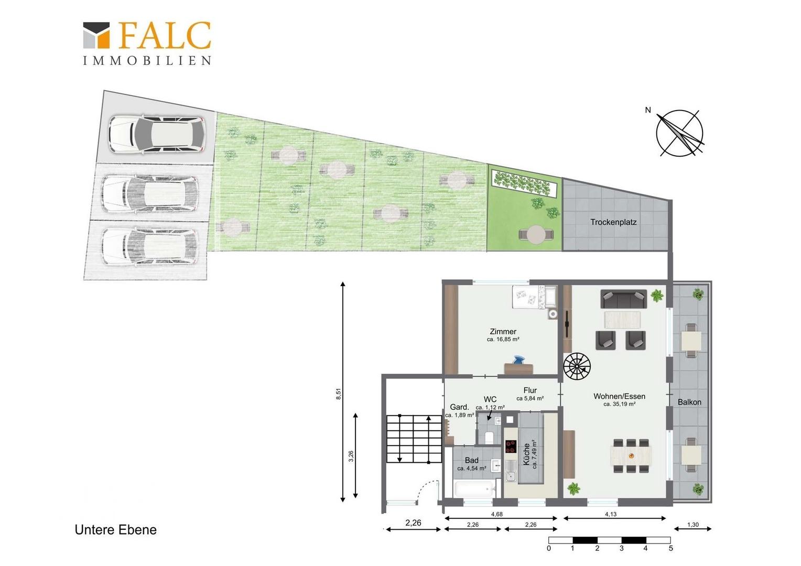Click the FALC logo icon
point(96,36)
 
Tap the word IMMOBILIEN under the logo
point(147,60)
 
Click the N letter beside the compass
point(647,110)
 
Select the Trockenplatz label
point(613,222)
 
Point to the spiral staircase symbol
point(577,367)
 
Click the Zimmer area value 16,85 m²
point(503,339)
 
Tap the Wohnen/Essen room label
point(619,396)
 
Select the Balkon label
point(689,402)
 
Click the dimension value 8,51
point(339,394)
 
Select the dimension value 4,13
point(611,514)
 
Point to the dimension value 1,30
point(692,525)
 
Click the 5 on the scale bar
point(670,548)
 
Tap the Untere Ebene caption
point(115,529)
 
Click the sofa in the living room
point(623,299)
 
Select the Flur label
point(530,390)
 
